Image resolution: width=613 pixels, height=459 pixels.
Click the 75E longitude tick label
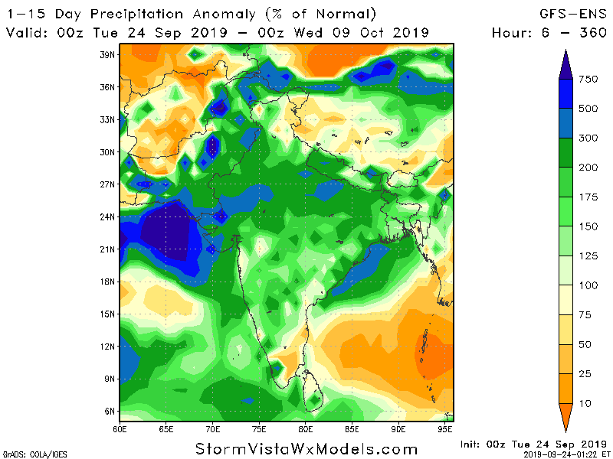tap(259, 429)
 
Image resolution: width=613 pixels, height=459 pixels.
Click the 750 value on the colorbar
tap(588, 80)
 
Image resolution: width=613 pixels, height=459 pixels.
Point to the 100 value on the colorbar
tap(588, 285)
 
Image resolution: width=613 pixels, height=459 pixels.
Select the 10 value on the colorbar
tap(585, 402)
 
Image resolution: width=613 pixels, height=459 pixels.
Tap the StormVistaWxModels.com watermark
tap(306, 448)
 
